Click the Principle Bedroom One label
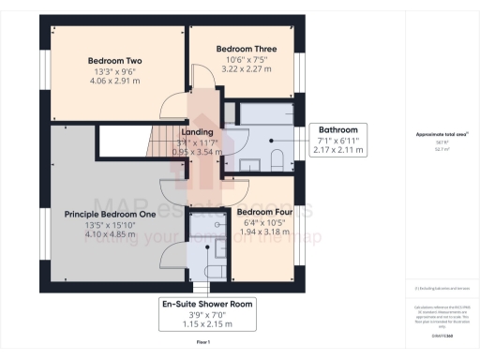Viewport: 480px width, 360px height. tap(109, 215)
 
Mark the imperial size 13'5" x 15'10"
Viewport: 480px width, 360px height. tap(109, 225)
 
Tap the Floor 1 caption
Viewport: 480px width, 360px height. tap(202, 344)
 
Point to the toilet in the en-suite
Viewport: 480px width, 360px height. tap(213, 269)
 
